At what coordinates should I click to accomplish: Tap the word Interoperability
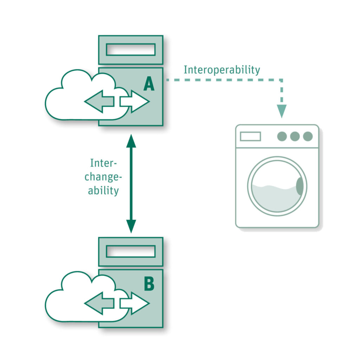pyautogui.click(x=222, y=70)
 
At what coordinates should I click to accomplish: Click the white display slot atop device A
pyautogui.click(x=130, y=50)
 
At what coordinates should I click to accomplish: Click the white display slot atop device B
pyautogui.click(x=130, y=251)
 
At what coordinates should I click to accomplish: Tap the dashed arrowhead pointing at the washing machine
pyautogui.click(x=281, y=111)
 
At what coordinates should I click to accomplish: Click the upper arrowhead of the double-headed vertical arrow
pyautogui.click(x=131, y=141)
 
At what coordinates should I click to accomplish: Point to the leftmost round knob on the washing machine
pyautogui.click(x=282, y=136)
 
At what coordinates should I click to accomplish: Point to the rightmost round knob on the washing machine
pyautogui.click(x=308, y=136)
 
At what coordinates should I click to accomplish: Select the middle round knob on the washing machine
pyautogui.click(x=295, y=136)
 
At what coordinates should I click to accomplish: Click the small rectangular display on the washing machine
pyautogui.click(x=250, y=136)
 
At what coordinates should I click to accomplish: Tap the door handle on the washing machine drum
pyautogui.click(x=300, y=186)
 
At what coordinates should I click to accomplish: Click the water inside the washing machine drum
pyautogui.click(x=274, y=199)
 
